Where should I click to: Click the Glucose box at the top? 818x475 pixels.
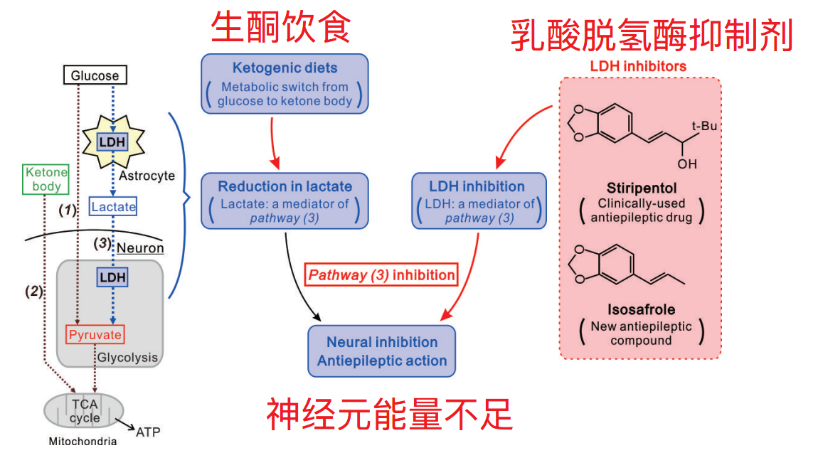click(95, 75)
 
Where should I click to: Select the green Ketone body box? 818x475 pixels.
click(46, 179)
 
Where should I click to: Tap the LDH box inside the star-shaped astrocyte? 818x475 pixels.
click(112, 142)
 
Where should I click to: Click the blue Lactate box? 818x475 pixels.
click(112, 206)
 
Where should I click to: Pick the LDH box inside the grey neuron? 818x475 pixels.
click(112, 276)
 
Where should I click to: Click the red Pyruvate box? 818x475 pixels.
click(95, 334)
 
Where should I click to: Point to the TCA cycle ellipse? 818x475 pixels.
click(84, 411)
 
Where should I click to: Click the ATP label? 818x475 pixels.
click(148, 432)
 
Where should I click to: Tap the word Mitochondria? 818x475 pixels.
click(83, 442)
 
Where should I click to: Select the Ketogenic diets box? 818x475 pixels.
click(285, 84)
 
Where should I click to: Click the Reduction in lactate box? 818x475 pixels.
click(285, 201)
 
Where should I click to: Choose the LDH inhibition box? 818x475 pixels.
click(479, 201)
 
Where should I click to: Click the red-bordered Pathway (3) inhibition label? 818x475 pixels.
click(381, 274)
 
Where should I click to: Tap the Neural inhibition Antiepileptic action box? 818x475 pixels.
click(381, 351)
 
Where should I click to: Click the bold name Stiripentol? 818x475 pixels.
click(640, 188)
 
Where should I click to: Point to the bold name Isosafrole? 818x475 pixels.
click(640, 310)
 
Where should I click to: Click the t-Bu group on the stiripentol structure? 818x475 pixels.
click(706, 127)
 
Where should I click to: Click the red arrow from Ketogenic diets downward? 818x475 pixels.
click(274, 140)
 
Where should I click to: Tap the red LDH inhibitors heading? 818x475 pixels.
click(638, 66)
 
